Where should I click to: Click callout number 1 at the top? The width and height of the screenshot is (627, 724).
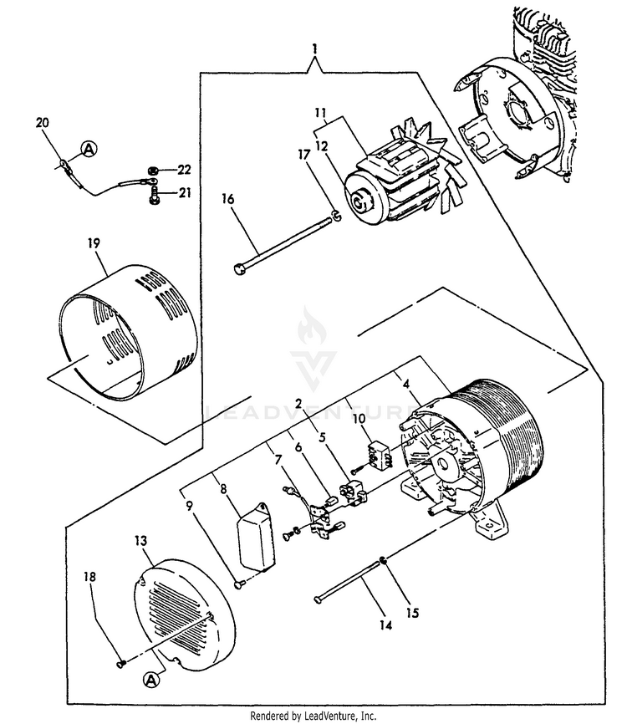(314, 49)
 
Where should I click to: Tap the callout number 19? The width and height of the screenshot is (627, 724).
(93, 242)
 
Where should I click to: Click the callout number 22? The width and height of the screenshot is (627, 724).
(185, 171)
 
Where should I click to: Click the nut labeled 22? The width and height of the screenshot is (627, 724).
(154, 171)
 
